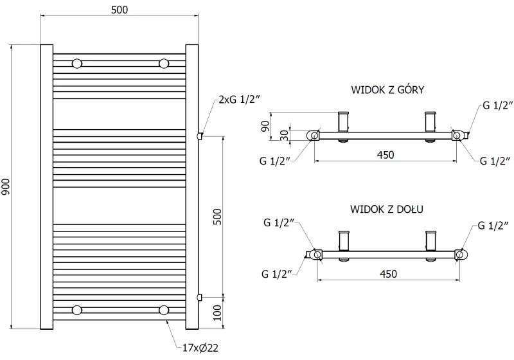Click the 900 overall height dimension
pyautogui.click(x=6, y=186)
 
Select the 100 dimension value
pyautogui.click(x=217, y=312)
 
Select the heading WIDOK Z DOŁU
pyautogui.click(x=386, y=209)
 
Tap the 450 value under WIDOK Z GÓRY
pyautogui.click(x=385, y=154)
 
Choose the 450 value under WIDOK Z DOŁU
pyautogui.click(x=388, y=274)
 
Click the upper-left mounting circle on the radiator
pyautogui.click(x=78, y=63)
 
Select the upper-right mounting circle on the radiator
pyautogui.click(x=164, y=63)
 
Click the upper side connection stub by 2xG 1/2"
pyautogui.click(x=200, y=136)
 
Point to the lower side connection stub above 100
pyautogui.click(x=200, y=297)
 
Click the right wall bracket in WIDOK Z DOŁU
pyautogui.click(x=431, y=240)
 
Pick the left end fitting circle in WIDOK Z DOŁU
pyautogui.click(x=317, y=255)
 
